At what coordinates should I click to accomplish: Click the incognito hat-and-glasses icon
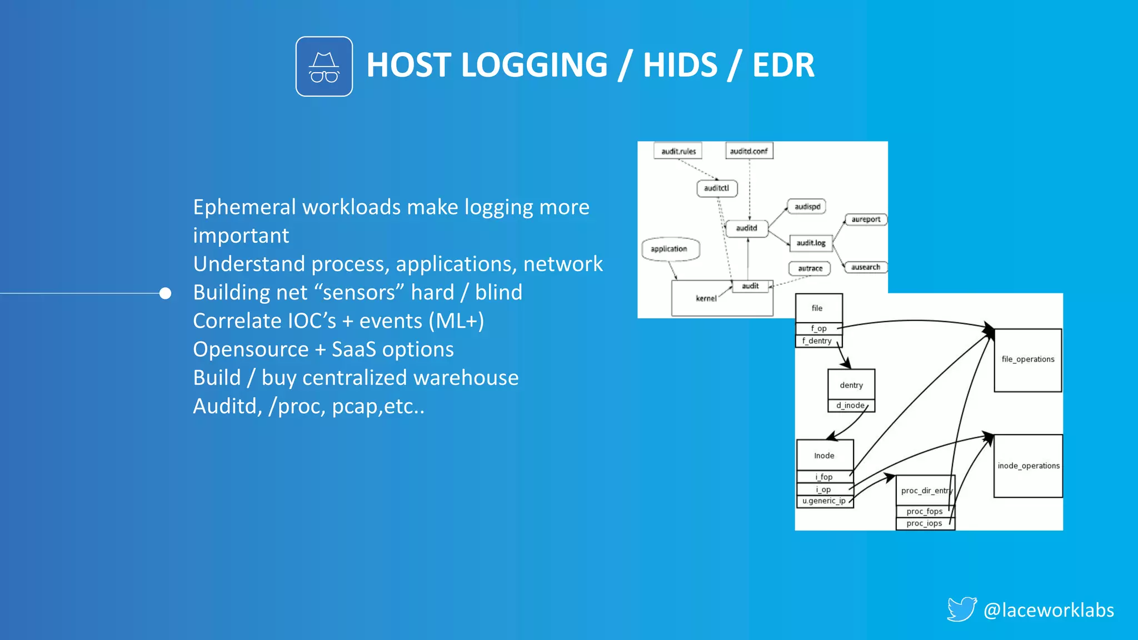pos(324,67)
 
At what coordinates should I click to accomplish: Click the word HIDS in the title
pos(680,65)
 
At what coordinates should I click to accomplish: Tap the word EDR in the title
pos(783,65)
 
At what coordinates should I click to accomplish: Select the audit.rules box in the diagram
pos(678,151)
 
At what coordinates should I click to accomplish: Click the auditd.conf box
pos(749,151)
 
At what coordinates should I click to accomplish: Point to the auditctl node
pos(717,188)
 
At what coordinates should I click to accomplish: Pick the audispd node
pos(807,207)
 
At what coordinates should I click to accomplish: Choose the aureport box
pos(866,219)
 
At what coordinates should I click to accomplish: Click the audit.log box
pos(811,243)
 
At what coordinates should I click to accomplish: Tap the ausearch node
pos(866,267)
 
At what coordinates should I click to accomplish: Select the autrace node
pos(810,268)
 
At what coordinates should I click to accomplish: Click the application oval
pos(670,249)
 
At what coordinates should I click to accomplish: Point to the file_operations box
pos(1028,359)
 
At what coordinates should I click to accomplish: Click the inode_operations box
pos(1028,466)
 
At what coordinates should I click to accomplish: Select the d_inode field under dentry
pos(851,406)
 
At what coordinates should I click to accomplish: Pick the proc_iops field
pos(925,523)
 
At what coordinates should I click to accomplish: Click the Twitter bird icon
pos(961,609)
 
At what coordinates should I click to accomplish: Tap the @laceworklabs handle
pos(1049,610)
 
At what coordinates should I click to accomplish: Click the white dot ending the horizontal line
pos(165,293)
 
